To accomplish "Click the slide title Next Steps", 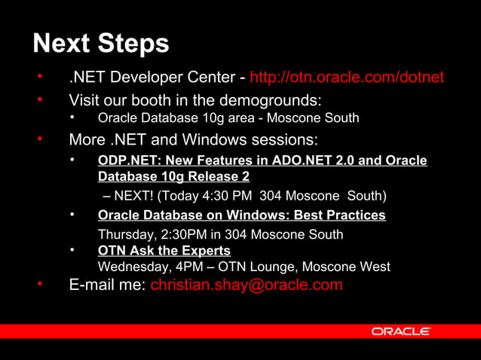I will point(101,43).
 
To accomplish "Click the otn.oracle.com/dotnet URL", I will point(346,78).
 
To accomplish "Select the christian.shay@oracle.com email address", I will point(247,285).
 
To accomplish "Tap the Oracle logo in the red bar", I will point(400,331).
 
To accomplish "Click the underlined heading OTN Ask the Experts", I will point(164,250).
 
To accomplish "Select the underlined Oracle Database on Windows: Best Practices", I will point(242,215).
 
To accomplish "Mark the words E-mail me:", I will point(106,285).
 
